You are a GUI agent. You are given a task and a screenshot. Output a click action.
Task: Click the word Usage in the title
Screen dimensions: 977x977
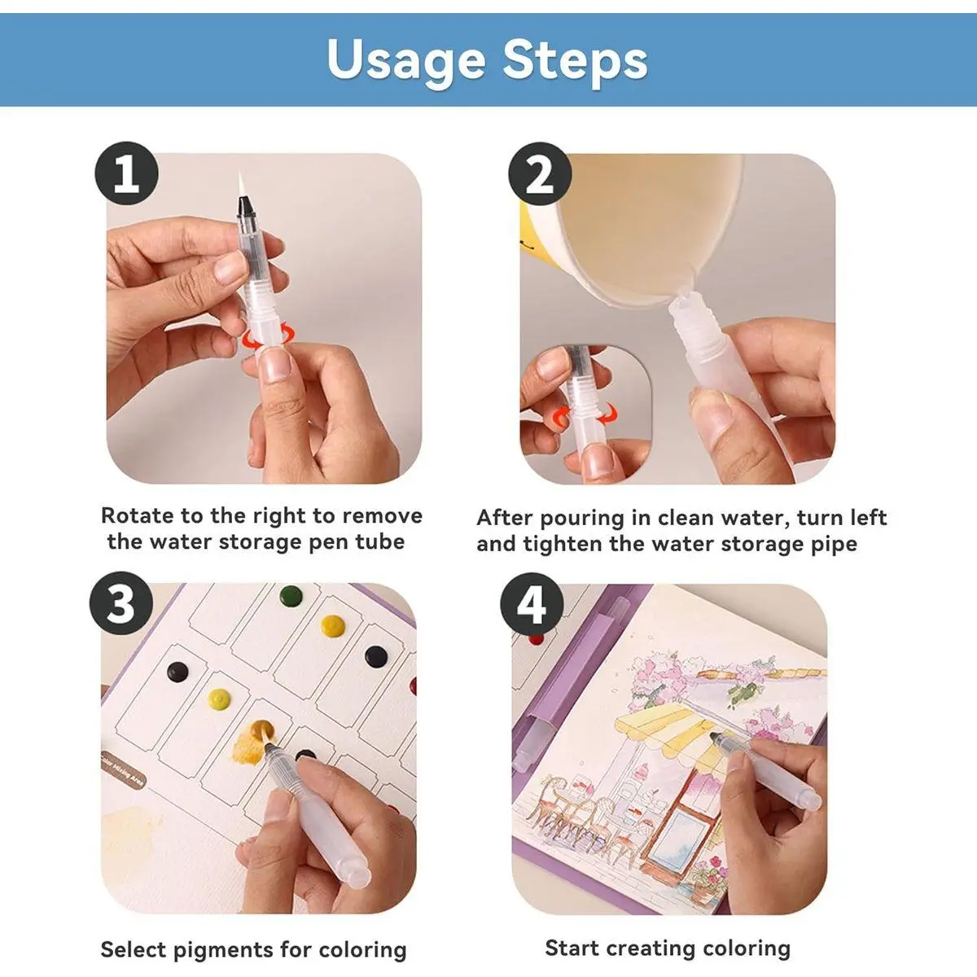pyautogui.click(x=406, y=60)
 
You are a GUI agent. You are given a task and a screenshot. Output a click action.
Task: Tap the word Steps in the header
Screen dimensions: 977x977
pyautogui.click(x=575, y=60)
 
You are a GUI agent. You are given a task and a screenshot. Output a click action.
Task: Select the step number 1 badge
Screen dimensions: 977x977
pyautogui.click(x=126, y=173)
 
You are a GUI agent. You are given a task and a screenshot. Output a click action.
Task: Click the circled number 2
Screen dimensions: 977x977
pyautogui.click(x=540, y=173)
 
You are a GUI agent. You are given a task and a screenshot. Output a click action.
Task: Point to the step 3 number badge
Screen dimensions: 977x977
pyautogui.click(x=121, y=603)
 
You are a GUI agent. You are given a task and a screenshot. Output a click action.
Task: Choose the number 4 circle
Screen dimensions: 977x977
pyautogui.click(x=532, y=604)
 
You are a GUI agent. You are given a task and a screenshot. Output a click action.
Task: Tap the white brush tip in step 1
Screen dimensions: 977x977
pyautogui.click(x=241, y=185)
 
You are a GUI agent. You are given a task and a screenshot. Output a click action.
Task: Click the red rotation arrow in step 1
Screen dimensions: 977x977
pyautogui.click(x=268, y=336)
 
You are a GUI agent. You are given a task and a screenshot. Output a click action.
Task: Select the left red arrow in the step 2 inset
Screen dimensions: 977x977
pyautogui.click(x=563, y=417)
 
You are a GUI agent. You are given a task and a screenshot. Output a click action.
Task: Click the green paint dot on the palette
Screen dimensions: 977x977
pyautogui.click(x=291, y=595)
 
